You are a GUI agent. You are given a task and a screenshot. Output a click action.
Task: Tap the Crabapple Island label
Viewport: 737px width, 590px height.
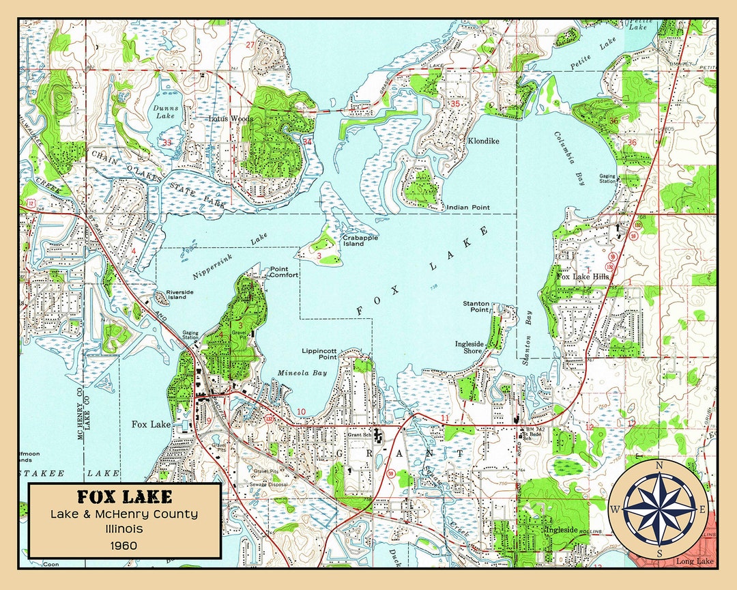coord(353,240)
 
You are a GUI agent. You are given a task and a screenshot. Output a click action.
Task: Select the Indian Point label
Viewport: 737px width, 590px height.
coord(467,208)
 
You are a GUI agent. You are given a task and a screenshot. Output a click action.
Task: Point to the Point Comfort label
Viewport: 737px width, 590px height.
coord(284,272)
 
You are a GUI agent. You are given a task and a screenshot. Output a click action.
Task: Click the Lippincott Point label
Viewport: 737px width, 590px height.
coord(319,353)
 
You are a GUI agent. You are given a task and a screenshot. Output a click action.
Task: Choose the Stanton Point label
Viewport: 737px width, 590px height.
coord(476,306)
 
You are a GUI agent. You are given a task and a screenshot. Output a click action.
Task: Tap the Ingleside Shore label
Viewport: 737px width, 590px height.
coord(469,347)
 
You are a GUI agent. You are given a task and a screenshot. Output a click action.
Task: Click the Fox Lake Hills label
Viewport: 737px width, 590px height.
coord(582,277)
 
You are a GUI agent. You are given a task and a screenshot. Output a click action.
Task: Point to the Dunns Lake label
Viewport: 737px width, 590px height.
coord(164,112)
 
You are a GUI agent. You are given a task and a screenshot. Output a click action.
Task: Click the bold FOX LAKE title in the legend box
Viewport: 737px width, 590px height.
coord(124,496)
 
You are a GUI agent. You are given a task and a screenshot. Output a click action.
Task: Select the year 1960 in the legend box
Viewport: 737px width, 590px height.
coord(124,545)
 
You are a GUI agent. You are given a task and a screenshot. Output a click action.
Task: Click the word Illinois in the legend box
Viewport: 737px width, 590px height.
coord(124,529)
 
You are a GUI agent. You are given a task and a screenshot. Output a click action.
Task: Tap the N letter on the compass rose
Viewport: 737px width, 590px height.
coord(659,466)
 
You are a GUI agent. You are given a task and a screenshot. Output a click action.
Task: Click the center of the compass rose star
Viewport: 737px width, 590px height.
coord(659,509)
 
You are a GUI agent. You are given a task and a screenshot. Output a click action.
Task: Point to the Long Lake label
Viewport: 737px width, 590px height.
coord(694,561)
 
